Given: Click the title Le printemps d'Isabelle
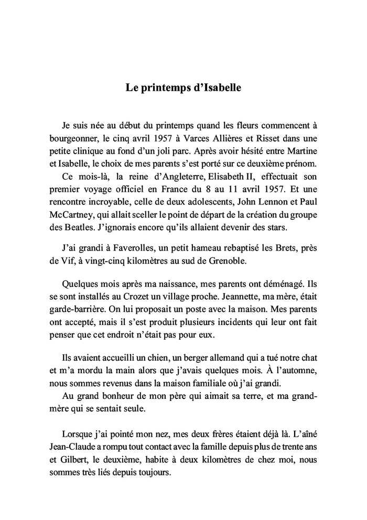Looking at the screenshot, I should coord(183,88).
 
